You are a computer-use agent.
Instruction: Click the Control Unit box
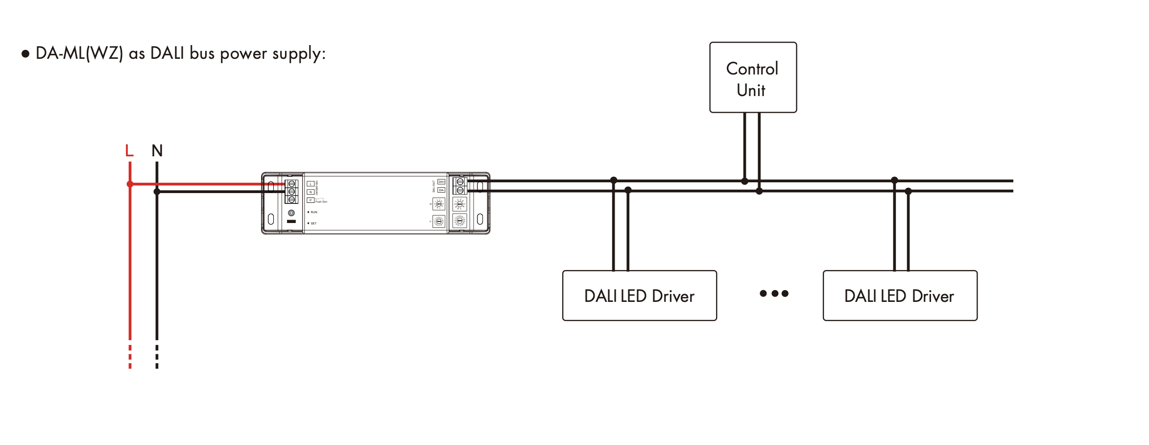(753, 77)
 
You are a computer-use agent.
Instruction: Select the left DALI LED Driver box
(639, 296)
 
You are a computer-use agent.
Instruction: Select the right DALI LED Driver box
(900, 296)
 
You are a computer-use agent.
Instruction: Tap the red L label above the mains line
(129, 150)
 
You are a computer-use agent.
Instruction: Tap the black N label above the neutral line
(157, 150)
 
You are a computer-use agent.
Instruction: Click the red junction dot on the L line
(130, 184)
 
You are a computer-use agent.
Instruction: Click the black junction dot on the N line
(157, 192)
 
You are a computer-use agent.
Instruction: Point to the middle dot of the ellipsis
(774, 294)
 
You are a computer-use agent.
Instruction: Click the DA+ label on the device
(441, 182)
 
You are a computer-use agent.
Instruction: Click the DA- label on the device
(441, 190)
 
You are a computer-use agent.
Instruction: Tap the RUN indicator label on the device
(313, 212)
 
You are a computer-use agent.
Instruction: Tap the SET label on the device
(313, 223)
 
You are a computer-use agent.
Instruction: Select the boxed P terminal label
(311, 200)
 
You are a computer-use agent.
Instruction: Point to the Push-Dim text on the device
(321, 202)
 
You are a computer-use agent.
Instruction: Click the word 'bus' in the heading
(202, 53)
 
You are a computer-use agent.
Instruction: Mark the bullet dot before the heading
(25, 53)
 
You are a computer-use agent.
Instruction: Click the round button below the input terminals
(291, 213)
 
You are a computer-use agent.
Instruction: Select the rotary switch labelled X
(439, 204)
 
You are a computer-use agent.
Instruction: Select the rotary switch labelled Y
(439, 222)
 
